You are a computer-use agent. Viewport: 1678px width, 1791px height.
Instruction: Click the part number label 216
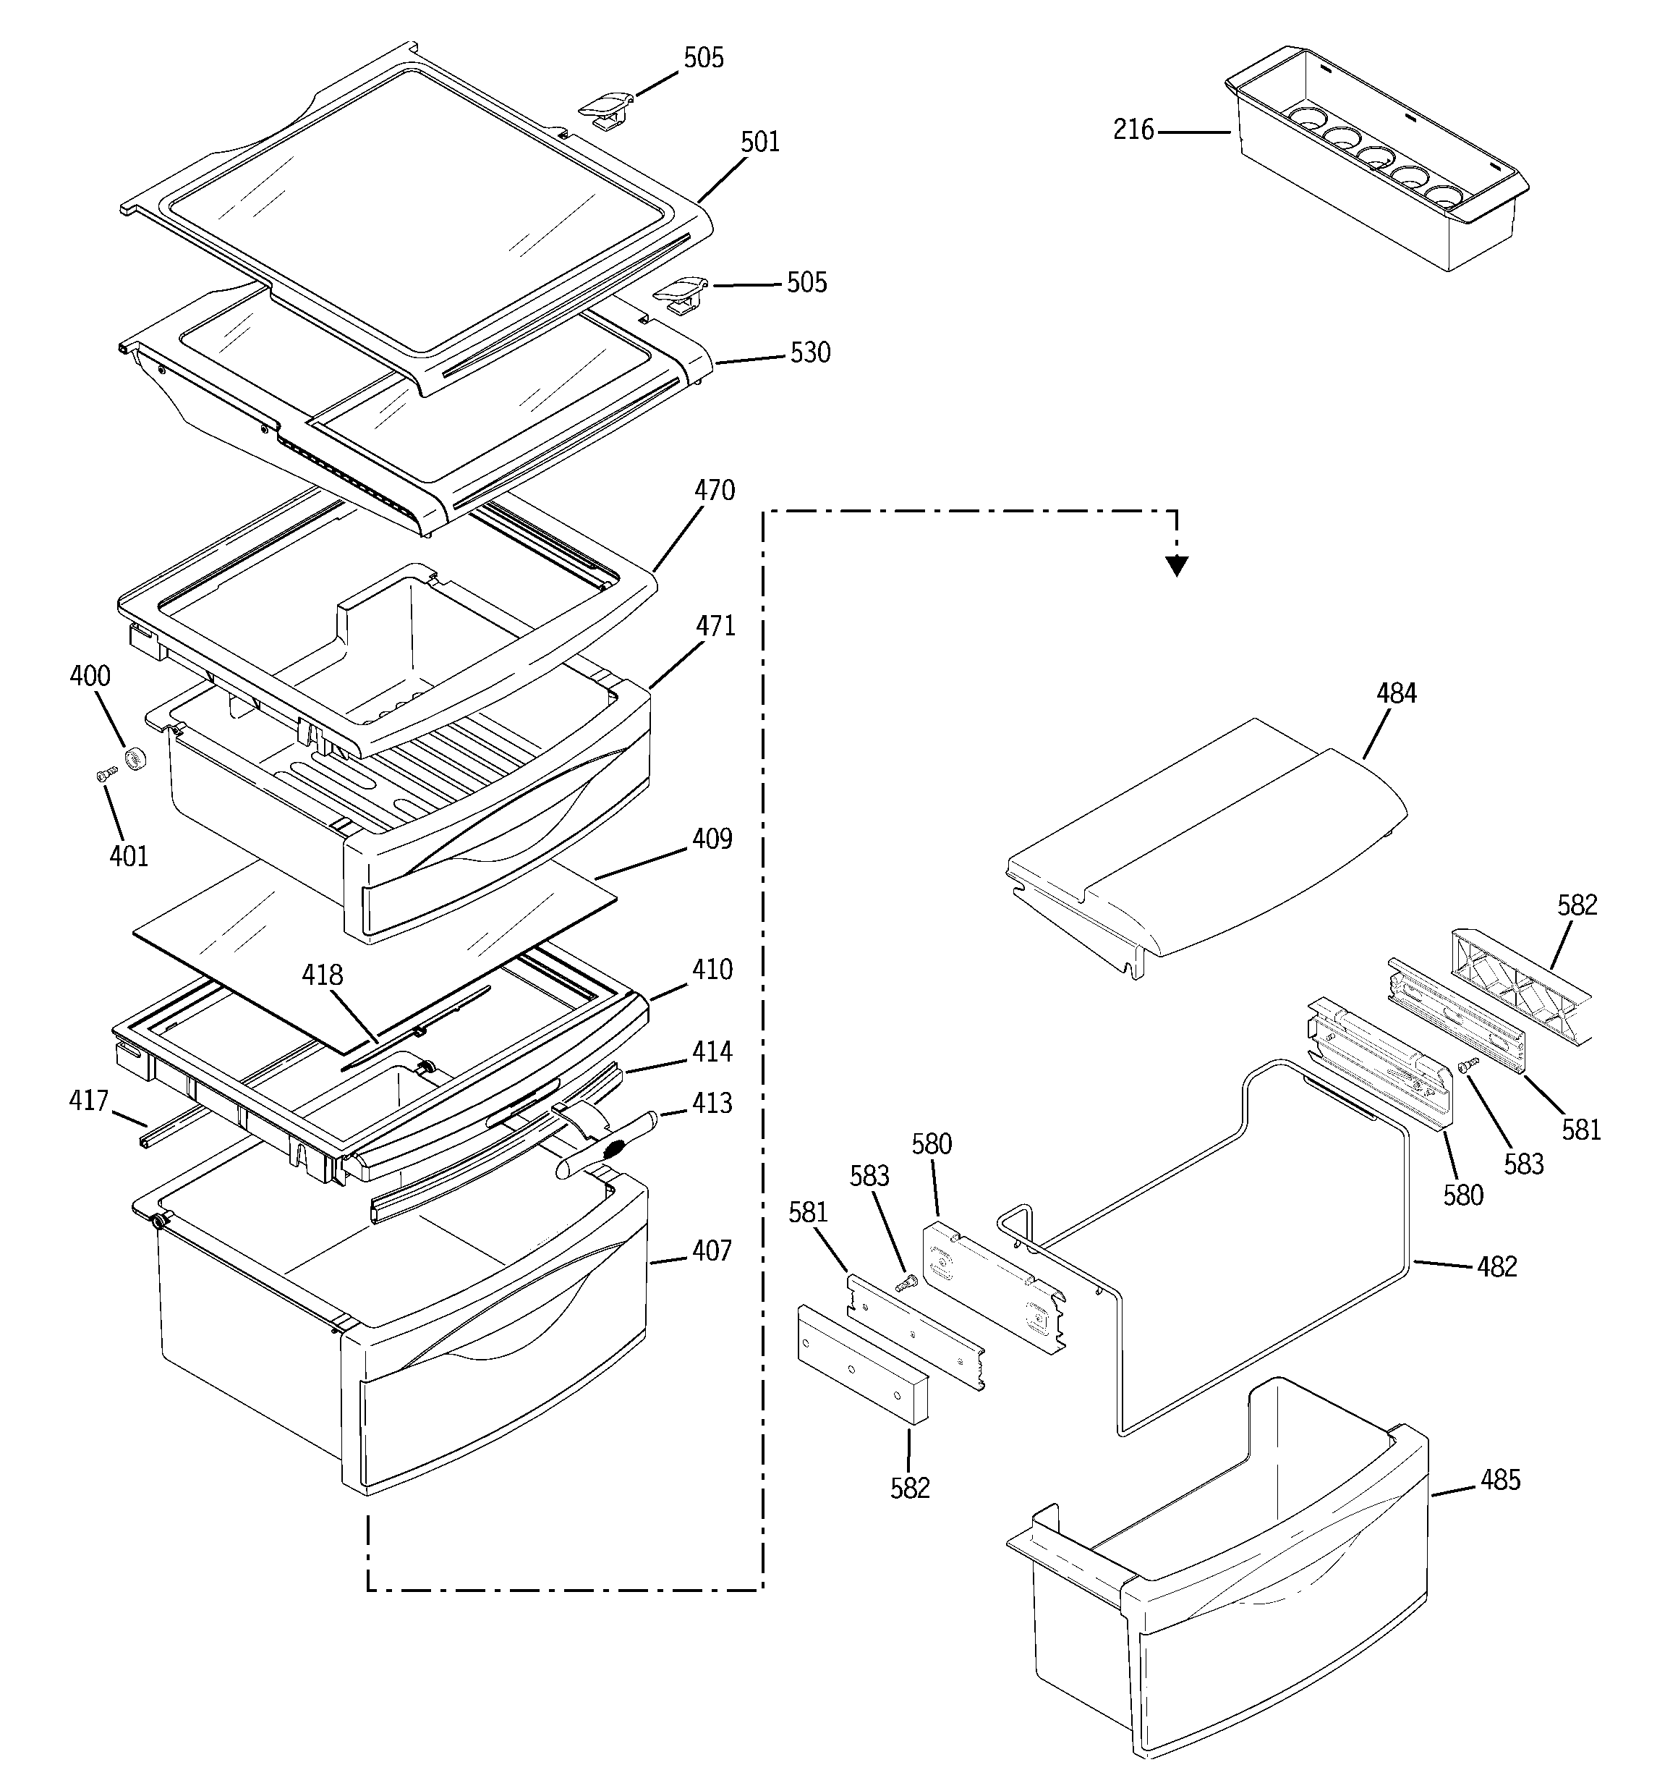pos(1133,131)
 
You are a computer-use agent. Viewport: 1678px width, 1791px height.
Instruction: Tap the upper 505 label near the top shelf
pos(704,59)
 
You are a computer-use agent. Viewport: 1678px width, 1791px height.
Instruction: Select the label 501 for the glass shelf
pos(760,143)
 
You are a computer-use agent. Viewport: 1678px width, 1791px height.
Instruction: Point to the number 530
pos(810,353)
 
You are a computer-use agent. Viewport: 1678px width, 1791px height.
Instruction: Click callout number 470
pos(715,491)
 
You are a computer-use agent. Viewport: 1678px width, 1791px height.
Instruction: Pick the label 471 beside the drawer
pos(716,626)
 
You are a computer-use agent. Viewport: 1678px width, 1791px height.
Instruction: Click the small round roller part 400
pos(136,758)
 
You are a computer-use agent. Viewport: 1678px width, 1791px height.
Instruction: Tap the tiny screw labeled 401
pos(106,773)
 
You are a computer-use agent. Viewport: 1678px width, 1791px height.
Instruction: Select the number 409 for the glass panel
pos(712,839)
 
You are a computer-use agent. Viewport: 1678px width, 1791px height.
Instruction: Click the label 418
pos(323,975)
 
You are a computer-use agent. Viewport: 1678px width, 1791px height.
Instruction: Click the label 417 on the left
pos(89,1100)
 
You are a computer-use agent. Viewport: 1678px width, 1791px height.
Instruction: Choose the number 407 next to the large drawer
pos(712,1250)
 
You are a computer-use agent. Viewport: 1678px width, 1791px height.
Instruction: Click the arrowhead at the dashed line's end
pos(1176,566)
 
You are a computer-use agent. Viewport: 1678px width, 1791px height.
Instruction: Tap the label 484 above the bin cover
pos(1396,694)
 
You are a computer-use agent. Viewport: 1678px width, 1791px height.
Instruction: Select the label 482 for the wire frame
pos(1497,1266)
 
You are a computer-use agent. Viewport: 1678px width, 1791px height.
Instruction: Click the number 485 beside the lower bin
pos(1499,1480)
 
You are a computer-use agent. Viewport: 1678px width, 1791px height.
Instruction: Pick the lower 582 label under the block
pos(910,1487)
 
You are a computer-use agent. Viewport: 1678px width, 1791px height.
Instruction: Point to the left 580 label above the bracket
pos(932,1144)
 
